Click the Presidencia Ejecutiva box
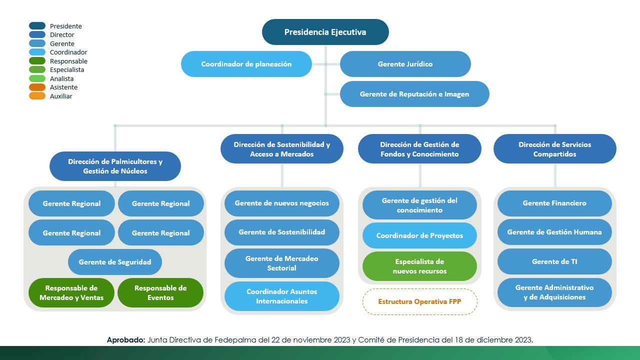[x=325, y=32]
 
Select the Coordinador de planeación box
[x=246, y=64]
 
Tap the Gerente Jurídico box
[x=405, y=64]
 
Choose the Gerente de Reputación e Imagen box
[x=414, y=94]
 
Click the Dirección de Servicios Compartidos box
[x=554, y=149]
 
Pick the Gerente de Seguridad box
[x=115, y=262]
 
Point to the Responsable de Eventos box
[x=160, y=293]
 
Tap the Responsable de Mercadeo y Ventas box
[x=71, y=293]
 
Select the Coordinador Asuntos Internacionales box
[x=281, y=296]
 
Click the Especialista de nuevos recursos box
[x=419, y=266]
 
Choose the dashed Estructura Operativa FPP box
[x=419, y=301]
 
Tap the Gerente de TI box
[x=554, y=261]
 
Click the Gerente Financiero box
[x=554, y=203]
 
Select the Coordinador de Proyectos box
[x=419, y=235]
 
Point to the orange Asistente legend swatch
[x=37, y=87]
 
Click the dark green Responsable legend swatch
[x=37, y=61]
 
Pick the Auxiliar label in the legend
[x=61, y=96]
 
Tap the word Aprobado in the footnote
[x=125, y=340]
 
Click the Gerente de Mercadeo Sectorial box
[x=281, y=263]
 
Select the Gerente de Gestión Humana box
[x=554, y=232]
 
